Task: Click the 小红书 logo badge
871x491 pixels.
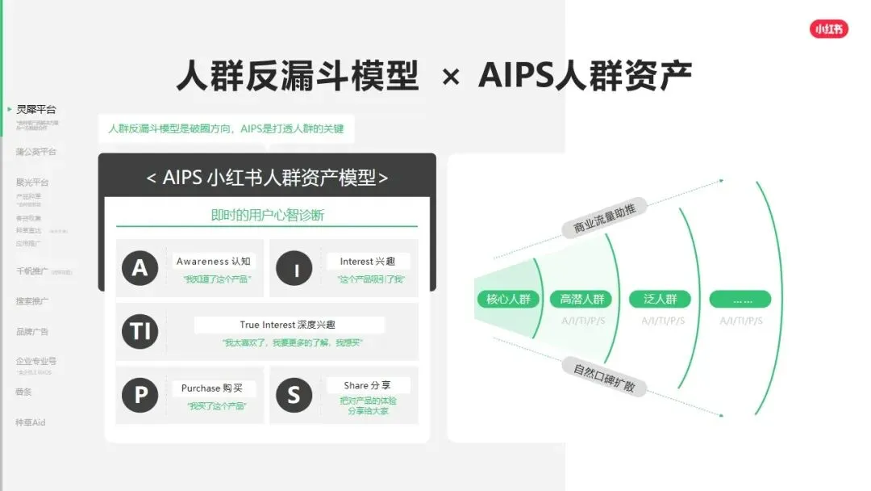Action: click(x=829, y=29)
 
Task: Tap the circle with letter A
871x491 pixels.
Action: click(x=140, y=268)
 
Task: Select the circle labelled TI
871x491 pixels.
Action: click(x=140, y=332)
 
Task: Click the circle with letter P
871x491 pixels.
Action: click(x=140, y=395)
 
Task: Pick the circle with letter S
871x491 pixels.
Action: click(x=294, y=395)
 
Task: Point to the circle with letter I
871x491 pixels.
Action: click(x=294, y=268)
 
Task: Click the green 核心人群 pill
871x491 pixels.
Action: click(x=508, y=300)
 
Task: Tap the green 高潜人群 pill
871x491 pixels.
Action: click(x=582, y=300)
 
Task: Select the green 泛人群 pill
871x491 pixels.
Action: click(x=661, y=300)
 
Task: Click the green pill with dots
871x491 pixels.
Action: click(x=740, y=300)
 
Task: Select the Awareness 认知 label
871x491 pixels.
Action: click(x=214, y=262)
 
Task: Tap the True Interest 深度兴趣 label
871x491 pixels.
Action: click(x=288, y=325)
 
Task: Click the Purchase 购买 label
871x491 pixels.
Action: click(x=212, y=388)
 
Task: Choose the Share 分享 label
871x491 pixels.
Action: click(x=367, y=386)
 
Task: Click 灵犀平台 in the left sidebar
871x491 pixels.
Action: click(x=36, y=110)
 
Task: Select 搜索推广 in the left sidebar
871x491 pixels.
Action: click(x=32, y=301)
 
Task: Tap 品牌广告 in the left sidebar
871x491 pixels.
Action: click(x=32, y=332)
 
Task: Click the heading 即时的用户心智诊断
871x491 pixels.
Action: click(x=267, y=216)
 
